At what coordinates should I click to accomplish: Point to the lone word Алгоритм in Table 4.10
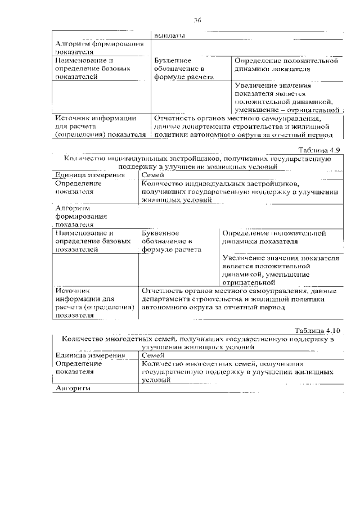(x=73, y=388)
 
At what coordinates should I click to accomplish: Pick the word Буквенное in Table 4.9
(x=161, y=232)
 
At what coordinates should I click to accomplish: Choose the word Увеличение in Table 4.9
(x=243, y=258)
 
